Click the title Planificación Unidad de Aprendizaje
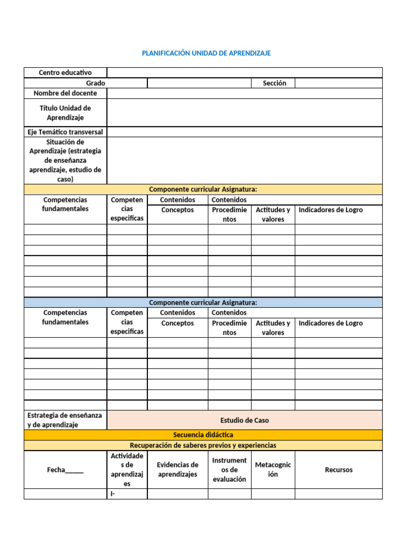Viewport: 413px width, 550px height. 206,53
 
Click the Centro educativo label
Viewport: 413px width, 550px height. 65,73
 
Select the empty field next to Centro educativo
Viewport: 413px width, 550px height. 244,73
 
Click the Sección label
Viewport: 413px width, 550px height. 274,83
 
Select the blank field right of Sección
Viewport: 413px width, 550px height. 338,83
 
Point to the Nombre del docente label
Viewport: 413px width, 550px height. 65,93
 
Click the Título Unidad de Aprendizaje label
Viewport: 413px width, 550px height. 65,113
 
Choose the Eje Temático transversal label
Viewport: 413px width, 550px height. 65,132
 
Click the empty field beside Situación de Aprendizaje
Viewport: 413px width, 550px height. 244,161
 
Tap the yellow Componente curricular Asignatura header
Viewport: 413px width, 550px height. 203,190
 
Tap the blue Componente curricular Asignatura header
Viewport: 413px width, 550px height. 203,303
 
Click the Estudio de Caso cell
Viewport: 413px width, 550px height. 244,421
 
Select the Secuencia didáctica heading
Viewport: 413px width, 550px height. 203,435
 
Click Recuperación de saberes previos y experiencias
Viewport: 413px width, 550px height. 203,446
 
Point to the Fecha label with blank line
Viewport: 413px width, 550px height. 65,470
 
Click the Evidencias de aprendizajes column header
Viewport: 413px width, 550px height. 177,470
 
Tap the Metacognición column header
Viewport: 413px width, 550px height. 273,470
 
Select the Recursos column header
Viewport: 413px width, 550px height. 338,470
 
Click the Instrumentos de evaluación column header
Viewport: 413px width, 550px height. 229,470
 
